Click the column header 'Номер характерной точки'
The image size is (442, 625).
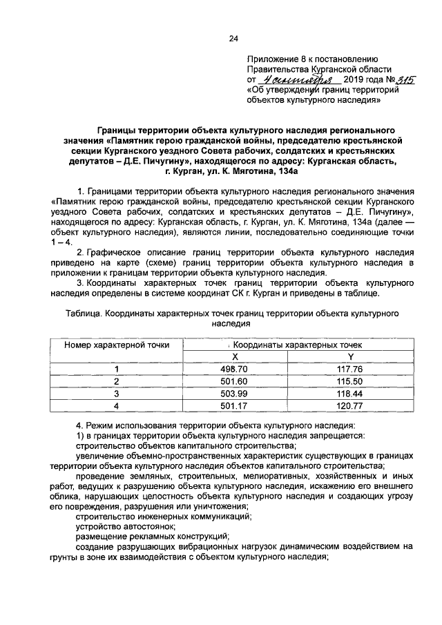point(117,344)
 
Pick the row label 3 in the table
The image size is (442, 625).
point(117,393)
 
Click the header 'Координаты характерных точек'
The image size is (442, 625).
point(293,344)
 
